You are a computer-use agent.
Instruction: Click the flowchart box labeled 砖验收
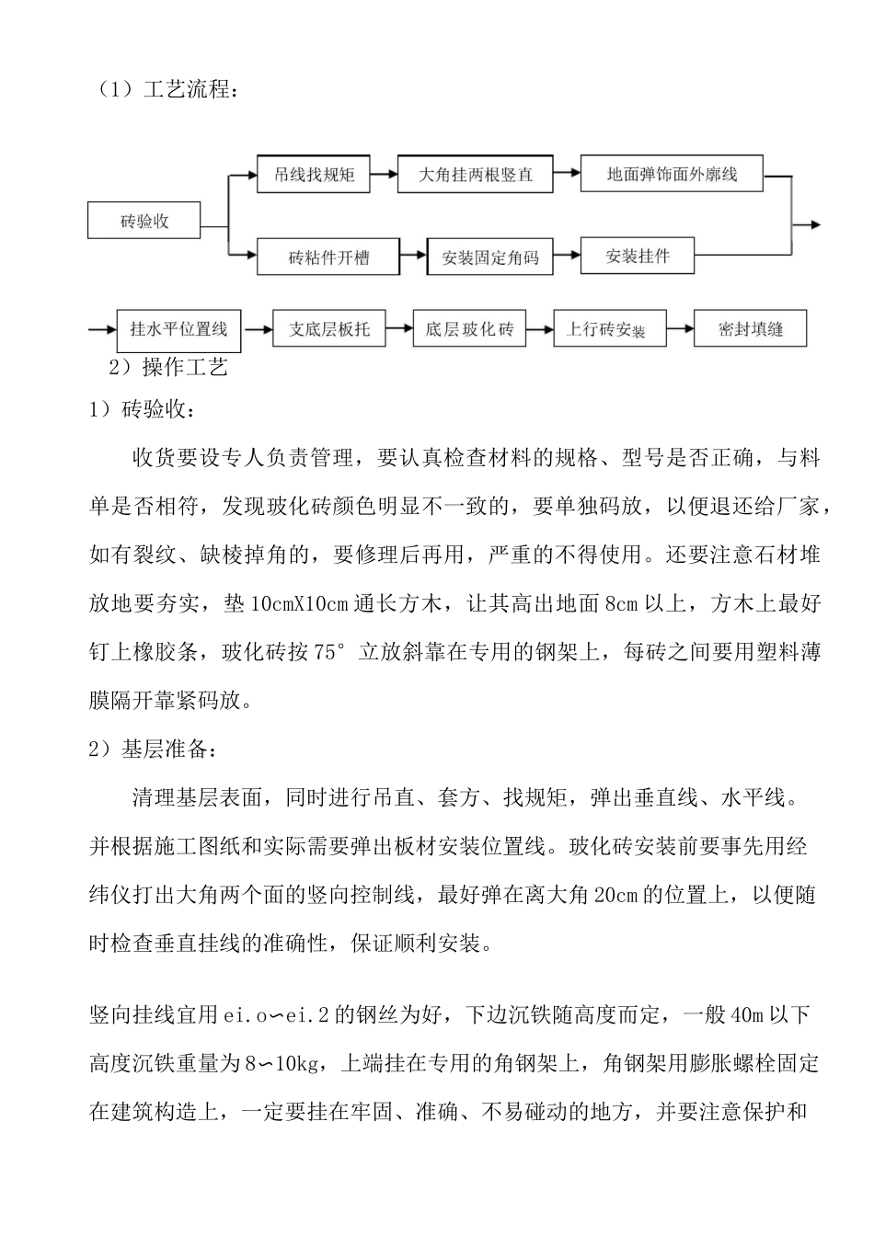(144, 222)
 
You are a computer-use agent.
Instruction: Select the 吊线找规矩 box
(313, 174)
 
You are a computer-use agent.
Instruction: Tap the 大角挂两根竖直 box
(475, 174)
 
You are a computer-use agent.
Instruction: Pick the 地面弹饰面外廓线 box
(672, 173)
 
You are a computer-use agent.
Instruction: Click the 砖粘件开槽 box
(328, 257)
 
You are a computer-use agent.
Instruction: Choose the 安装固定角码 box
(489, 257)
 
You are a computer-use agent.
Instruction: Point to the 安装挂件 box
(637, 256)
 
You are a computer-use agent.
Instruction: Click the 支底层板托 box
(328, 329)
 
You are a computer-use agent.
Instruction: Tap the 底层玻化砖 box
(469, 329)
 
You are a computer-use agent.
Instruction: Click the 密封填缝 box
(750, 329)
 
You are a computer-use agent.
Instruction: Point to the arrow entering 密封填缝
(680, 328)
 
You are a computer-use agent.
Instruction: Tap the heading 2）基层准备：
(154, 749)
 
